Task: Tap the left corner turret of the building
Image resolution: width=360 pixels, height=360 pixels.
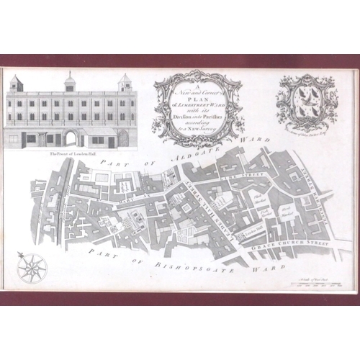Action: click(x=16, y=82)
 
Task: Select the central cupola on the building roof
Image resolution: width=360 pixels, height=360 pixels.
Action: click(x=69, y=81)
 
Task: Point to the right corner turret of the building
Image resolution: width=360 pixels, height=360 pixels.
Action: click(x=125, y=82)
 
